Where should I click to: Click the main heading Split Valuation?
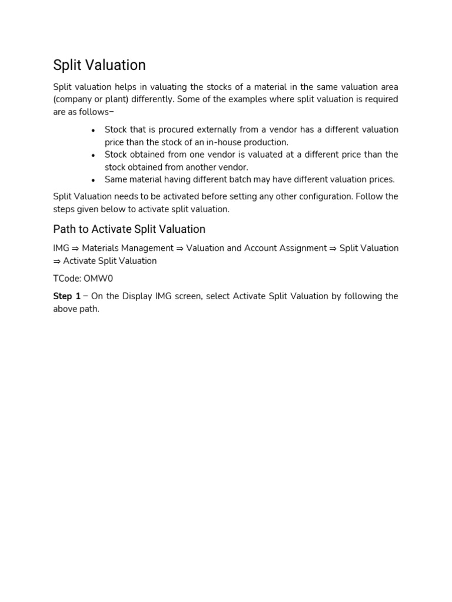99,65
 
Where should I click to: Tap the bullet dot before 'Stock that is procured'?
94,130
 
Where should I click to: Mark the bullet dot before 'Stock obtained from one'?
94,155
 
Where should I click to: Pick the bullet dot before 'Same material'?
94,180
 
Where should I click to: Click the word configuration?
324,196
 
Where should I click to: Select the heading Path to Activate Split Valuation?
129,229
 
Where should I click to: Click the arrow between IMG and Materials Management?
75,249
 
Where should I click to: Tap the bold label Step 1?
67,296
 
